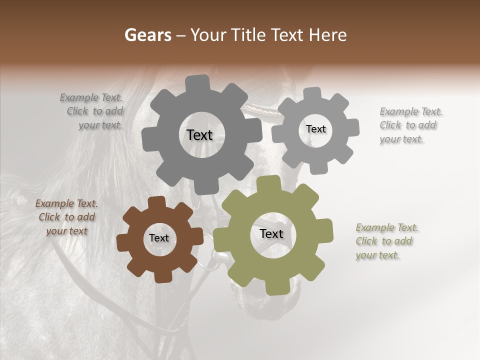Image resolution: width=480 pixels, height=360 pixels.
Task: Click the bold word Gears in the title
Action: click(x=147, y=35)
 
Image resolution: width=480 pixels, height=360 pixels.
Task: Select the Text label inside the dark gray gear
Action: click(x=199, y=135)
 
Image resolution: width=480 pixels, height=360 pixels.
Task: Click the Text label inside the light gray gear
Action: click(x=315, y=129)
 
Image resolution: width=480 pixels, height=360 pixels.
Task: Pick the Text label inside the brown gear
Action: click(x=159, y=238)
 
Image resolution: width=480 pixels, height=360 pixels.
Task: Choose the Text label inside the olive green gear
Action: click(x=271, y=233)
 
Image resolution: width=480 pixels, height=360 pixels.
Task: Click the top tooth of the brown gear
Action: click(x=156, y=202)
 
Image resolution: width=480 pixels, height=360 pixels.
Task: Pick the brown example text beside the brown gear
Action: click(x=66, y=217)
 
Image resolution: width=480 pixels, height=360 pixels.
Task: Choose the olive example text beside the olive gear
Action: click(x=386, y=241)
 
